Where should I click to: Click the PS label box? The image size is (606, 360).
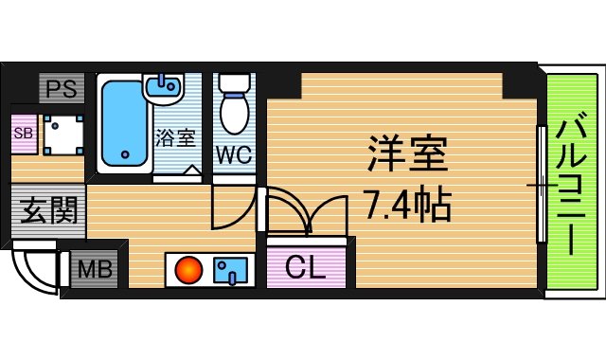(x=62, y=91)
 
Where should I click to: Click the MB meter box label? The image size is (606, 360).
(x=94, y=269)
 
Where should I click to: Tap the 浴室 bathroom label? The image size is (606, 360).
(x=175, y=136)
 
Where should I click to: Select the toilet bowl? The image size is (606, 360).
(x=233, y=107)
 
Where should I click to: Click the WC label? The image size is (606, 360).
(x=233, y=155)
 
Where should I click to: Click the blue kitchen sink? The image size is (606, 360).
(x=229, y=271)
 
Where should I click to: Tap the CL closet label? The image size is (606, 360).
(x=306, y=268)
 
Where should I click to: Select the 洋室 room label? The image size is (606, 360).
(x=405, y=153)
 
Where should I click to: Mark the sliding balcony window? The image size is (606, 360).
(x=541, y=185)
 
